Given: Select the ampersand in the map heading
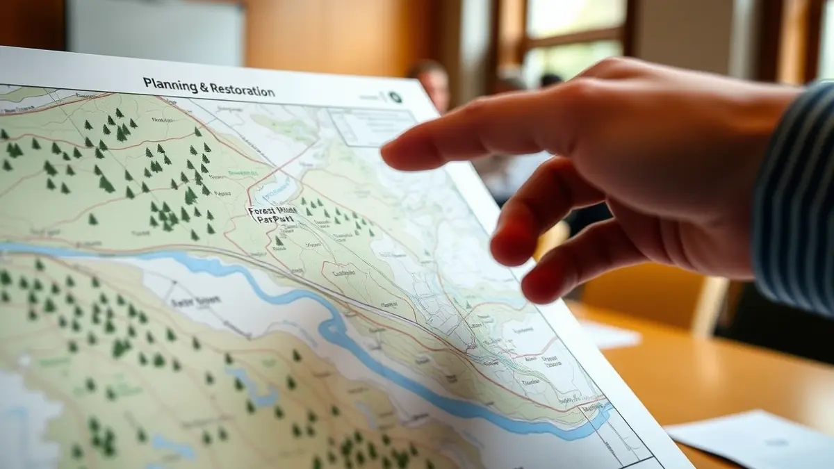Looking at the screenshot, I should (x=204, y=88).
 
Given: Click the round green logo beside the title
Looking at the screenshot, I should (x=395, y=97).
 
